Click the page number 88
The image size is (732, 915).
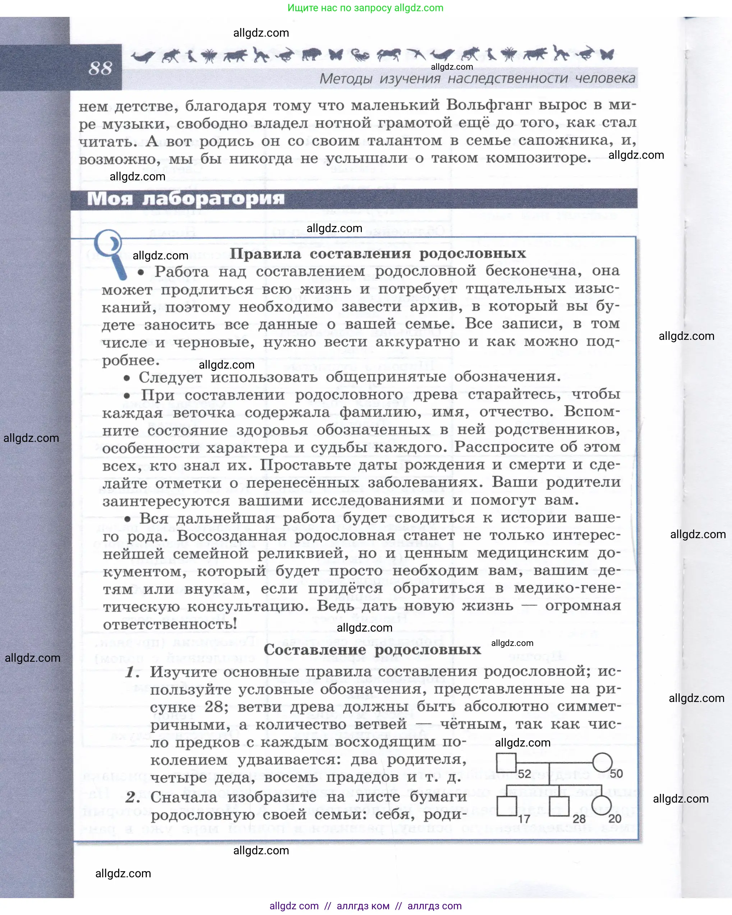coord(100,68)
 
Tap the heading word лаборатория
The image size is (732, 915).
coord(213,199)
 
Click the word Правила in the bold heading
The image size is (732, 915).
coord(265,254)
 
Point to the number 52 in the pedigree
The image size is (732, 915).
coord(524,774)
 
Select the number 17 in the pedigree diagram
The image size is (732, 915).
coord(524,819)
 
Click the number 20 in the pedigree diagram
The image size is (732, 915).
coord(615,818)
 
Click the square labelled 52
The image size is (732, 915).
coord(506,763)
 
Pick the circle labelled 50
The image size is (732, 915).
coord(602,762)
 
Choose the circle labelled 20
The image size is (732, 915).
coord(602,805)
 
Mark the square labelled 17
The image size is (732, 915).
coord(507,806)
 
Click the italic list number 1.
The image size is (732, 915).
coord(132,672)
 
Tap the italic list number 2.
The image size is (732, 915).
coord(132,797)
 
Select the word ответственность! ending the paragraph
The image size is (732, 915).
coord(170,624)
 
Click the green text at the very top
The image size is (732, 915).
coord(365,8)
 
